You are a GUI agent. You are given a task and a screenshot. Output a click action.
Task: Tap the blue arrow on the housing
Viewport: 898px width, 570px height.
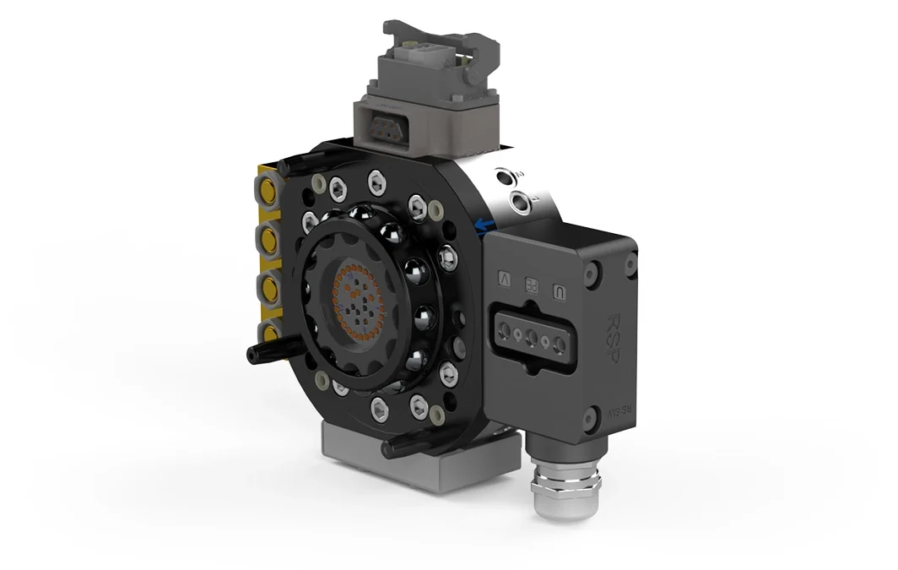(x=484, y=225)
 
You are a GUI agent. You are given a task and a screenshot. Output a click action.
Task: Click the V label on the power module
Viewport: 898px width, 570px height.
(x=505, y=276)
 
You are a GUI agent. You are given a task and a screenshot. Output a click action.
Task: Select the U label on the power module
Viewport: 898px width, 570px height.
(x=558, y=292)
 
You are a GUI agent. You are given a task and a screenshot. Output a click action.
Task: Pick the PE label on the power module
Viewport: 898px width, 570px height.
(x=532, y=285)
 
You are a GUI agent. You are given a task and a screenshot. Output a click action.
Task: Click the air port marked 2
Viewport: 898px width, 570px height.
(x=507, y=177)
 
